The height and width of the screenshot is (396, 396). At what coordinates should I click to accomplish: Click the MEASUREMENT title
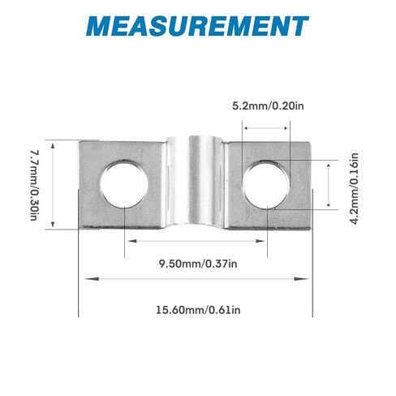pyautogui.click(x=198, y=26)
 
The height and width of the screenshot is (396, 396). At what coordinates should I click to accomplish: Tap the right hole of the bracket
pyautogui.click(x=267, y=184)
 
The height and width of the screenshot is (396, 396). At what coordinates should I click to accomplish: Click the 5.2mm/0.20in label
pyautogui.click(x=265, y=106)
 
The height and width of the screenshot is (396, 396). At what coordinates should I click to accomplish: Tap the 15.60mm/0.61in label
pyautogui.click(x=197, y=308)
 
